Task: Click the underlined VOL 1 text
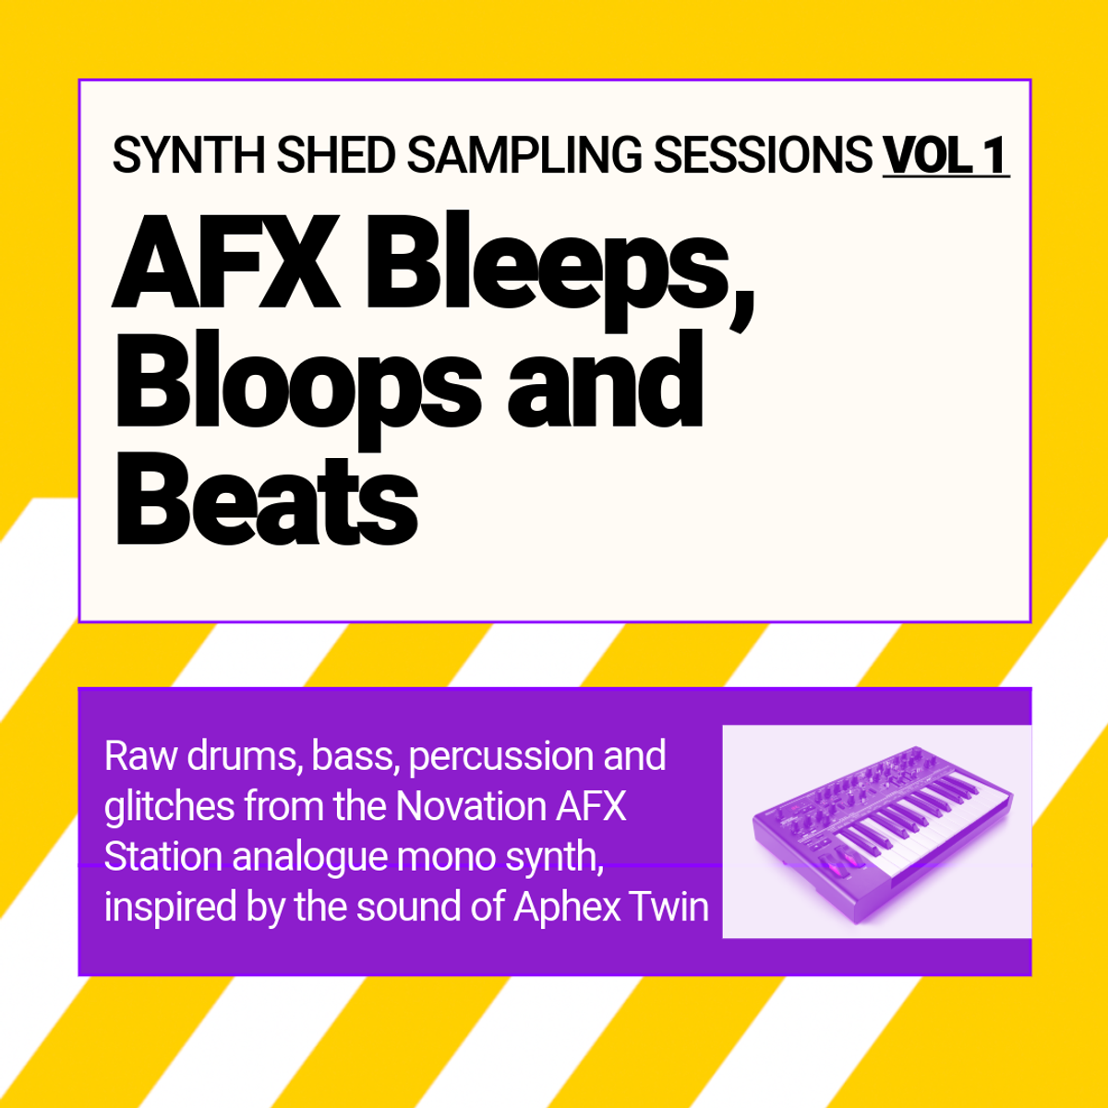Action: [x=945, y=155]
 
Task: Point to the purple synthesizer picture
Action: [x=875, y=831]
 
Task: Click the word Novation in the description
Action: [x=471, y=806]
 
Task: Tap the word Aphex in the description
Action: [x=566, y=907]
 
